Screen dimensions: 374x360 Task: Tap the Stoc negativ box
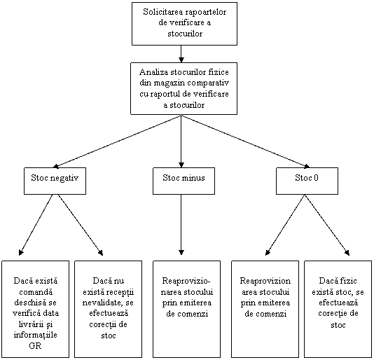(x=55, y=181)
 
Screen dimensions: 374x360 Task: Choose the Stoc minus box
(x=183, y=181)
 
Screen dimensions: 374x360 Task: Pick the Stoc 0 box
(x=307, y=181)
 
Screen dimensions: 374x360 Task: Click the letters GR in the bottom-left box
(x=35, y=346)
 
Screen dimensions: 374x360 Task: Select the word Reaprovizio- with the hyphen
(x=186, y=281)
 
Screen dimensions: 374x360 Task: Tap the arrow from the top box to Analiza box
(x=181, y=54)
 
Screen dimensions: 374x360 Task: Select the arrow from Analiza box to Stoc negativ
(x=117, y=141)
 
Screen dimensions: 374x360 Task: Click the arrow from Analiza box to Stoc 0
(x=246, y=141)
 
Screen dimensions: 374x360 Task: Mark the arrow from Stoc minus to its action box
(x=181, y=225)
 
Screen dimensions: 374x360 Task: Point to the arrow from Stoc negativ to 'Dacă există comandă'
(x=36, y=225)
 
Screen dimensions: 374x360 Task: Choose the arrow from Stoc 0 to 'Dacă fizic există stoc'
(x=327, y=225)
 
